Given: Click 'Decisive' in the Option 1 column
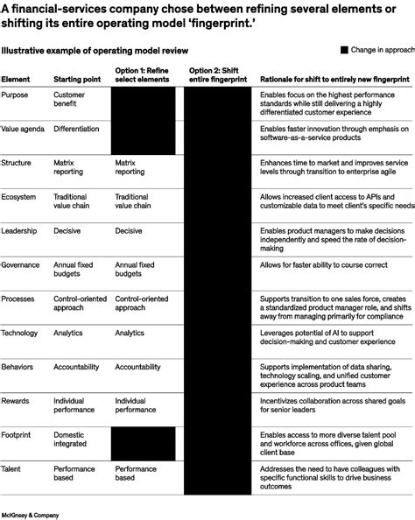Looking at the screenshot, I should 129,230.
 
